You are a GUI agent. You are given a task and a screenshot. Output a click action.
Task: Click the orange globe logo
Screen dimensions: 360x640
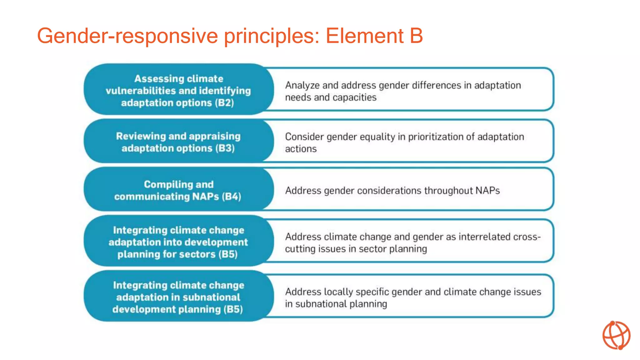[616, 335]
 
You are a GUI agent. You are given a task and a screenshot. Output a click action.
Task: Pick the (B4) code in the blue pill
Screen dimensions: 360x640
[231, 197]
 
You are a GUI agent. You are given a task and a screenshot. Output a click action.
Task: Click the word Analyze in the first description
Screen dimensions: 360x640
[302, 85]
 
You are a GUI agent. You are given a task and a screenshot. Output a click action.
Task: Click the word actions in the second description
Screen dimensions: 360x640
[301, 149]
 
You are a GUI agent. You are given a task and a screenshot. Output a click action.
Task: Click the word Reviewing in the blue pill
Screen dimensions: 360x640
[141, 136]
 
